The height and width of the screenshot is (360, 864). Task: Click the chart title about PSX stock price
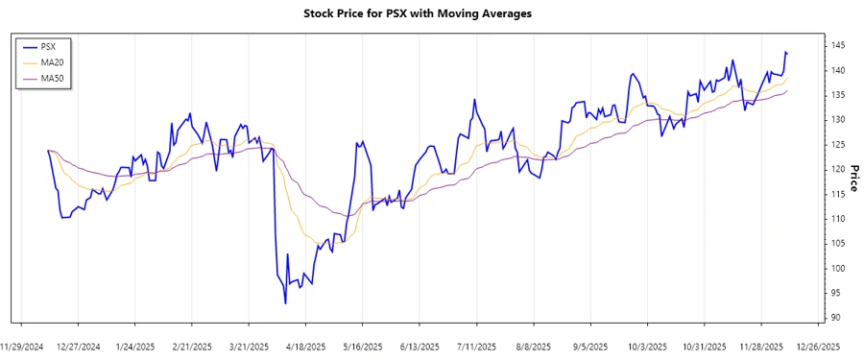click(x=431, y=14)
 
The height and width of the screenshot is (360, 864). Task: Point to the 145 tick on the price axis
click(x=837, y=46)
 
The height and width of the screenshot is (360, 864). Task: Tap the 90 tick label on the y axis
click(x=835, y=318)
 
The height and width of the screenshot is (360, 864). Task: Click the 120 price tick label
click(x=837, y=169)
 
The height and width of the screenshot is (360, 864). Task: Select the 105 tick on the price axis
click(x=837, y=244)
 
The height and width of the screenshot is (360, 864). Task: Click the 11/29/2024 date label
click(x=23, y=346)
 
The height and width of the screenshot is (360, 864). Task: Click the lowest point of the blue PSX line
click(x=285, y=303)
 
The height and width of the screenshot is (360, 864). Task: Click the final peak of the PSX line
click(x=785, y=52)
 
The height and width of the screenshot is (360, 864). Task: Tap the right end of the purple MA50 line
click(x=787, y=90)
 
